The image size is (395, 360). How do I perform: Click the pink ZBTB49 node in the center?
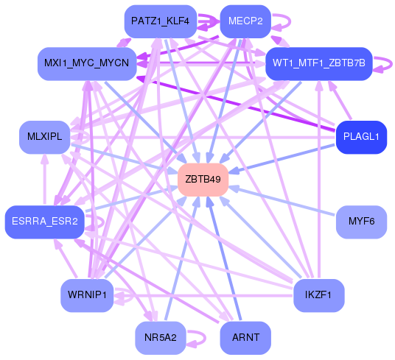[x=203, y=180]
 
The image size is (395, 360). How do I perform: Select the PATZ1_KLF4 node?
[x=160, y=21]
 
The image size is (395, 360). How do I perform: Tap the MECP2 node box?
[x=246, y=20]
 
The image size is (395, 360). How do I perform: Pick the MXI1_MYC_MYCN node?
[x=86, y=63]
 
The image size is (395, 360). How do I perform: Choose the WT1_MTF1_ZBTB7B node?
[x=319, y=63]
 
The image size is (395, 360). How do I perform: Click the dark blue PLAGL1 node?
[x=361, y=136]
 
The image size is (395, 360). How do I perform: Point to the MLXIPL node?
[x=44, y=137]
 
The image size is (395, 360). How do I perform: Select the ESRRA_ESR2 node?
[x=44, y=222]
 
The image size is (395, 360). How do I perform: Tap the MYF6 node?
[x=361, y=222]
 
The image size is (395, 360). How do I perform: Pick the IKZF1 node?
[x=319, y=295]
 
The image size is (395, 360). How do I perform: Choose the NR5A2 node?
[x=160, y=338]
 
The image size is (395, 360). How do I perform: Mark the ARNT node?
[x=245, y=338]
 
